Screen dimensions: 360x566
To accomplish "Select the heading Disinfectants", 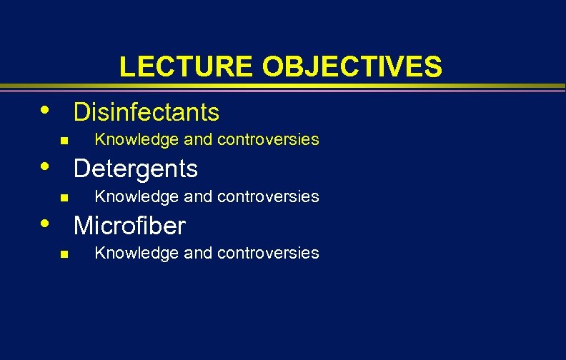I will pos(147,112).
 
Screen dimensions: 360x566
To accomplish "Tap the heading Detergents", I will pos(136,169).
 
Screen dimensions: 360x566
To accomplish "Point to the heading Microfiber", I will pos(129,226).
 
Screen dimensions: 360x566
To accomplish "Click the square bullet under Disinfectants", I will pos(64,141).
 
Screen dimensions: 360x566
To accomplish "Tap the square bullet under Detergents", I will pos(64,197).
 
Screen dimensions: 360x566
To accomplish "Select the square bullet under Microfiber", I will pos(64,254).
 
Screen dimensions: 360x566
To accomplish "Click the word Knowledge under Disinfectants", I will pos(130,140).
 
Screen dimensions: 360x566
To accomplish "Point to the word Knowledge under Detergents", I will pos(130,196).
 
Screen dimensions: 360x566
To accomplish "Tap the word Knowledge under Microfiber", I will pos(130,253).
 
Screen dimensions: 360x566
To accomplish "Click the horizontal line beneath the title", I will pos(283,88).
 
